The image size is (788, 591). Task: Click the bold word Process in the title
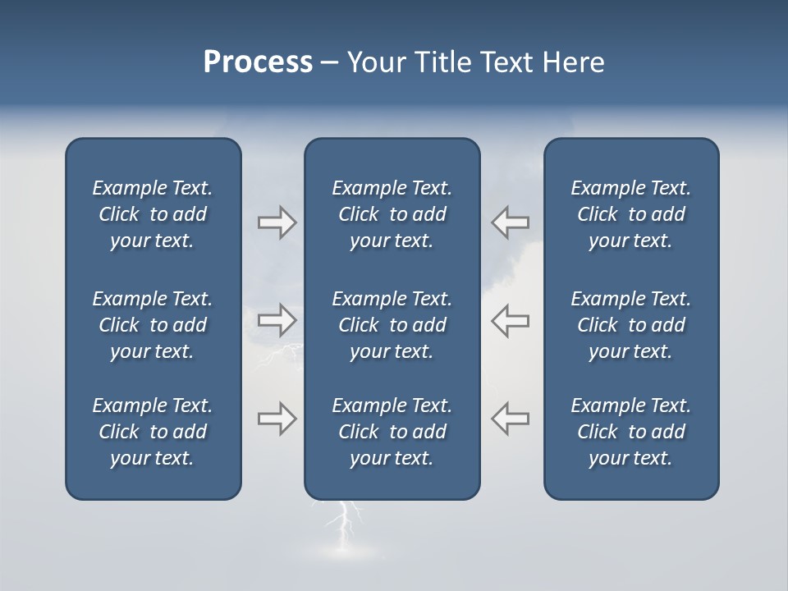[258, 62]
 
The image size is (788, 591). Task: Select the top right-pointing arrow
[277, 222]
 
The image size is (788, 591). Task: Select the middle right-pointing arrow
[277, 319]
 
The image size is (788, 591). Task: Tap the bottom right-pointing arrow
[277, 419]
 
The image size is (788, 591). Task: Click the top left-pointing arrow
[510, 222]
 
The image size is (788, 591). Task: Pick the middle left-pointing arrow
[510, 319]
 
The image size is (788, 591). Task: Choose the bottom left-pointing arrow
[510, 419]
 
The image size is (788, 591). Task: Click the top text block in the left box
[153, 214]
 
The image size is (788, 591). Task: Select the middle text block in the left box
[153, 325]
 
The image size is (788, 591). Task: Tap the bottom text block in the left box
[153, 432]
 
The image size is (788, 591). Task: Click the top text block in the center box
[392, 214]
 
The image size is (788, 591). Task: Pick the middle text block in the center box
[392, 325]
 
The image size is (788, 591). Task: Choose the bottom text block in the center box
[392, 432]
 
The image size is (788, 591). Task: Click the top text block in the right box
[630, 214]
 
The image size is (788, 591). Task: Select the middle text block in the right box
[630, 325]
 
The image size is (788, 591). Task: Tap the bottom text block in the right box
[630, 432]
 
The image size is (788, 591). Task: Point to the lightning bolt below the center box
[346, 525]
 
